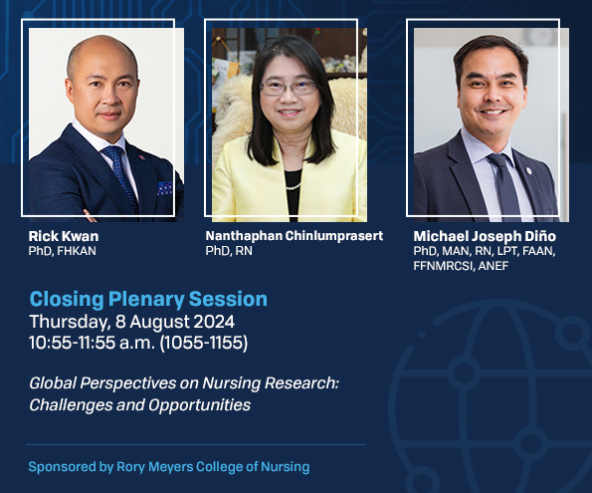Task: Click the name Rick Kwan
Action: point(64,236)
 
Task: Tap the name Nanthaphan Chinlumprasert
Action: point(295,236)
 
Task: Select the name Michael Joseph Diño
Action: point(485,236)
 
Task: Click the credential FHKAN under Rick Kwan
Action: point(77,251)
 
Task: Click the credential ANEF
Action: point(493,266)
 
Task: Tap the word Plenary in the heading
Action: point(146,300)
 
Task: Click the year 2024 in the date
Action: point(214,322)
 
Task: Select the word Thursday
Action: point(70,322)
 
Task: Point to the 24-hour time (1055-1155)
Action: point(204,343)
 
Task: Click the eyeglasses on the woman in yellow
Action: point(289,88)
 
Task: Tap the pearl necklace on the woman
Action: point(294,186)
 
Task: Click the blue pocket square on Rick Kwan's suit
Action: point(164,188)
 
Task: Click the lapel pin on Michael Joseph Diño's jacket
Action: point(528,170)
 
